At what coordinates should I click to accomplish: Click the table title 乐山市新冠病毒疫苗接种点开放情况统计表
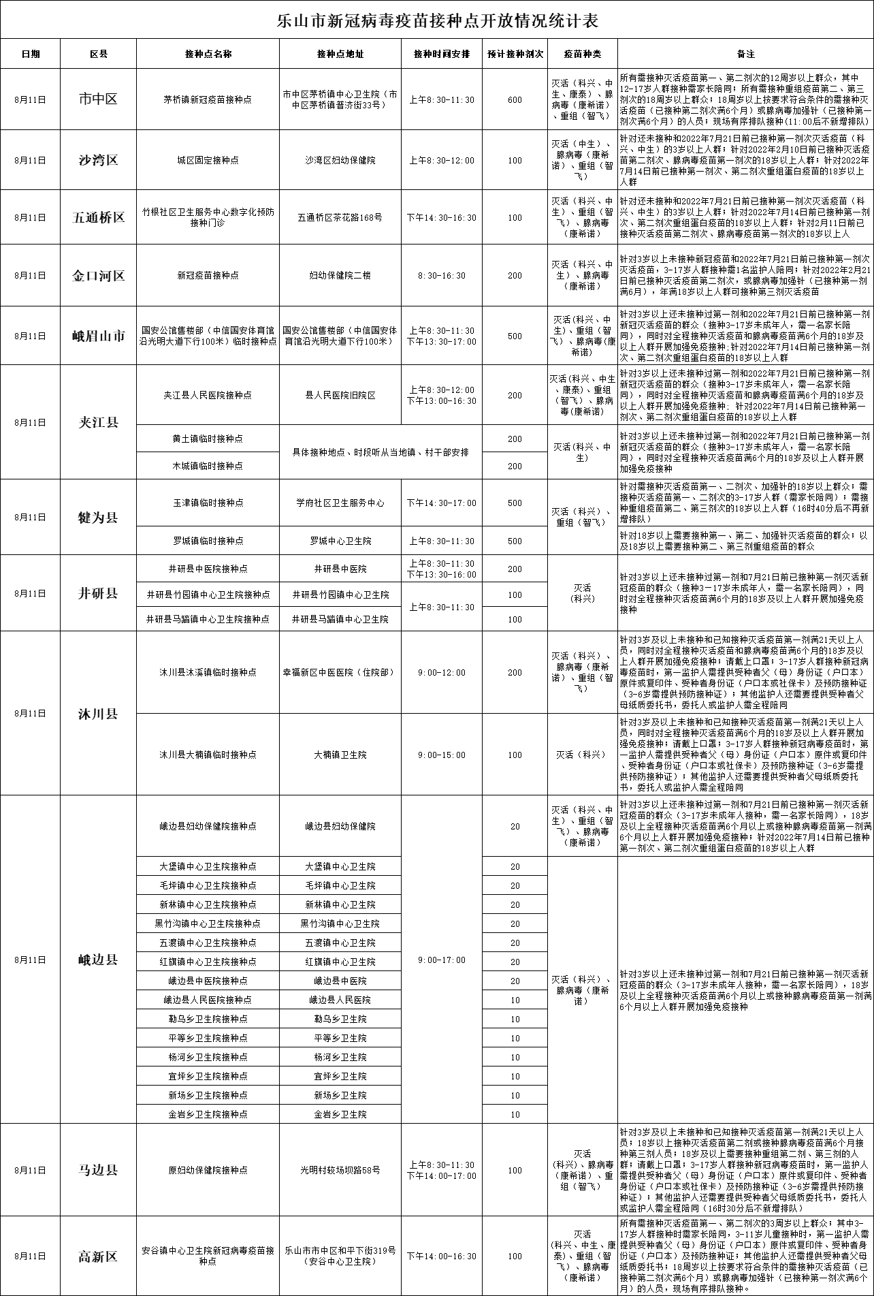tap(436, 21)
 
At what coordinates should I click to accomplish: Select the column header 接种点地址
tap(340, 54)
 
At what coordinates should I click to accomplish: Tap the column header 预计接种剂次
tap(515, 54)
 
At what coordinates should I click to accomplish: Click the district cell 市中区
tap(98, 99)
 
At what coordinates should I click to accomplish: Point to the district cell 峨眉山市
tap(98, 336)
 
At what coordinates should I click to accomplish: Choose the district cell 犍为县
tap(98, 518)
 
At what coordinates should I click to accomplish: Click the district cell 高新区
tap(98, 1256)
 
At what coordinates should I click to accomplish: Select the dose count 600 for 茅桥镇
tap(515, 99)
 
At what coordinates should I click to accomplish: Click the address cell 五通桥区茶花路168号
tap(340, 218)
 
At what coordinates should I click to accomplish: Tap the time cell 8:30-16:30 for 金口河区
tap(442, 276)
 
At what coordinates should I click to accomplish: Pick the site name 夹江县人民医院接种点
tap(208, 395)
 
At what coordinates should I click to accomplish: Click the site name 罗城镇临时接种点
tap(208, 541)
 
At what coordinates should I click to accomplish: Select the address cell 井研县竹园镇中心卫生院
tap(340, 595)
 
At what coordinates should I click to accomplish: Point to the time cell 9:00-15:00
tap(442, 755)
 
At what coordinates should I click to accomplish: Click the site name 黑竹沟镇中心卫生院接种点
tap(208, 923)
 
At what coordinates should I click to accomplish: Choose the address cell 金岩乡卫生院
tap(340, 1114)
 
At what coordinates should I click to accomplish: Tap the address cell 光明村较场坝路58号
tap(340, 1170)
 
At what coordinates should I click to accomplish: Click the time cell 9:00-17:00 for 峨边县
tap(442, 960)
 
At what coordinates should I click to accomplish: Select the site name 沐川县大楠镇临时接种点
tap(208, 755)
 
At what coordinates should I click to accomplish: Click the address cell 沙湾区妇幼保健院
tap(340, 160)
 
